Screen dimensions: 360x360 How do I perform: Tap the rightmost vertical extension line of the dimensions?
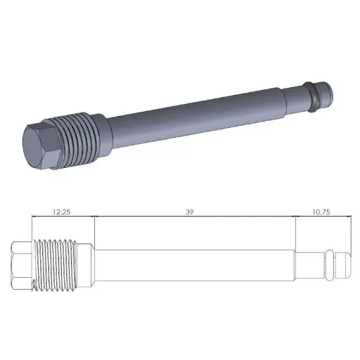(x=348, y=239)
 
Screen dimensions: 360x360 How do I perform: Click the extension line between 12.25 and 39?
(x=93, y=236)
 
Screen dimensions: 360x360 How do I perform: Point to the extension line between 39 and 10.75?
(x=295, y=236)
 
